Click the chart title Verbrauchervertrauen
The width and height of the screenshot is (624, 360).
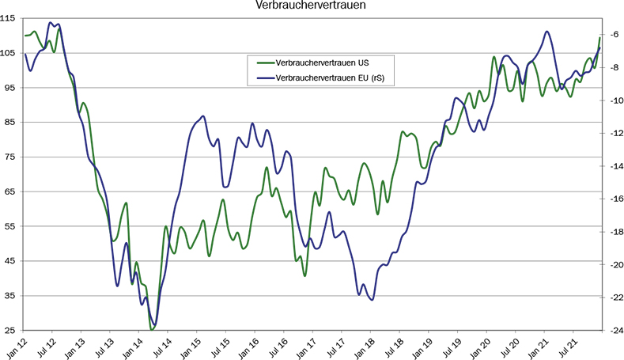coord(311,7)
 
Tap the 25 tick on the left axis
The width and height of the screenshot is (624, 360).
coord(12,330)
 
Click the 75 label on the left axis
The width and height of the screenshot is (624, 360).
coord(12,157)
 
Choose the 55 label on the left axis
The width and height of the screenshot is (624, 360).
coord(12,226)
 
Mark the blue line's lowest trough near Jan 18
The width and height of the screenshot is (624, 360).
coord(371,300)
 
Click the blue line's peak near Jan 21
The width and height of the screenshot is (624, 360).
coord(547,32)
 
